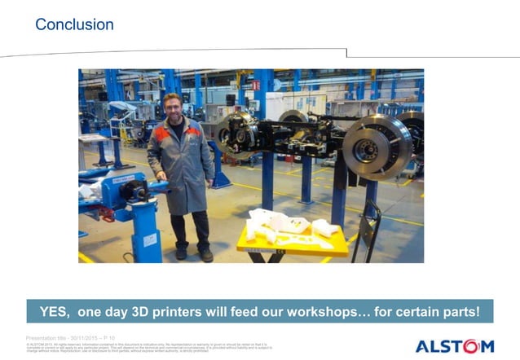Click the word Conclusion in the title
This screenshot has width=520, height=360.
74,25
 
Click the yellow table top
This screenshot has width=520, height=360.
291,244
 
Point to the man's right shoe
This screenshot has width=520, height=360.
181,253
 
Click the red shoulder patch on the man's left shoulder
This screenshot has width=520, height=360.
192,130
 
